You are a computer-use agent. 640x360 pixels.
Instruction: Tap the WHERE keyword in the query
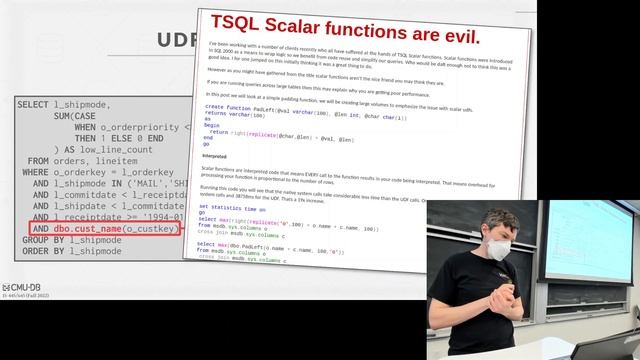pyautogui.click(x=42, y=172)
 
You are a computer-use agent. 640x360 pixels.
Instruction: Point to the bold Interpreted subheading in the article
pyautogui.click(x=214, y=157)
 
